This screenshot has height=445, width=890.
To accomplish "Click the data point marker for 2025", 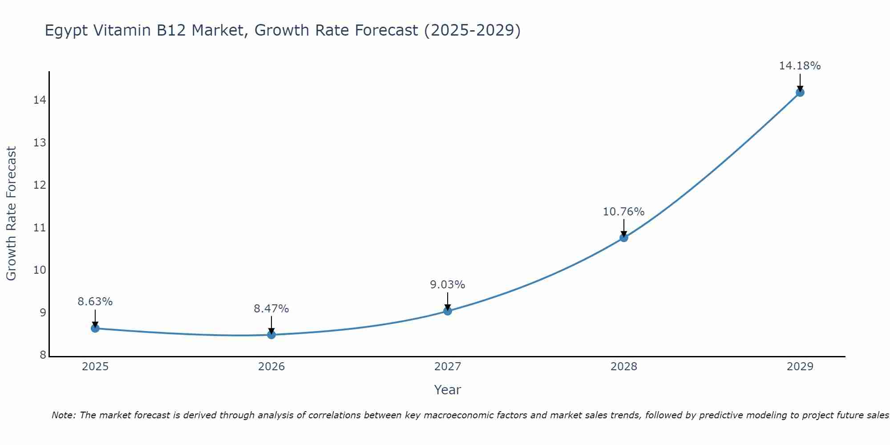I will coord(95,328).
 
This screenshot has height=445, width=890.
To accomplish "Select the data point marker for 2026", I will coord(271,335).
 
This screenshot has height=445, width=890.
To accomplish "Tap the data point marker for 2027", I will coord(448,311).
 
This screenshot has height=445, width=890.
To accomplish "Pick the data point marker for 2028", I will coord(624,238).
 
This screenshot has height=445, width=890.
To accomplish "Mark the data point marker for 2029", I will coord(800,93).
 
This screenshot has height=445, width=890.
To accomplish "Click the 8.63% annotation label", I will coord(95,302).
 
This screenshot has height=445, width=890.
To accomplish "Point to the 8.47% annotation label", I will coord(271,309).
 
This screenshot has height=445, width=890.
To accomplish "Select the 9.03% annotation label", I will coord(448,285).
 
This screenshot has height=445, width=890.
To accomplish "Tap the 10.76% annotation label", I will coord(624,212).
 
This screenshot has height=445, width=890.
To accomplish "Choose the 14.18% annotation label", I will coord(800,66).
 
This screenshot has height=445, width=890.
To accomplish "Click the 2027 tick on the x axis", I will coord(448,367).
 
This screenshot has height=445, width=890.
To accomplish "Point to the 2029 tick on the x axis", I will coord(800,367).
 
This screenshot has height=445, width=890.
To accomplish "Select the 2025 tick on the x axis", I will coord(95,367).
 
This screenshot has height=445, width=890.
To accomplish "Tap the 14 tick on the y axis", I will coord(40,100).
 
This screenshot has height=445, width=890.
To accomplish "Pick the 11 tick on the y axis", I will coord(40,228).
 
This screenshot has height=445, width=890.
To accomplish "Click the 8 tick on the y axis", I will coord(43,355).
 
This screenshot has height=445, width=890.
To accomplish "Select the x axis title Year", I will coord(448,390).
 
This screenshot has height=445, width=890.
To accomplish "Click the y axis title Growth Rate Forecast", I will coord(11,214).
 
